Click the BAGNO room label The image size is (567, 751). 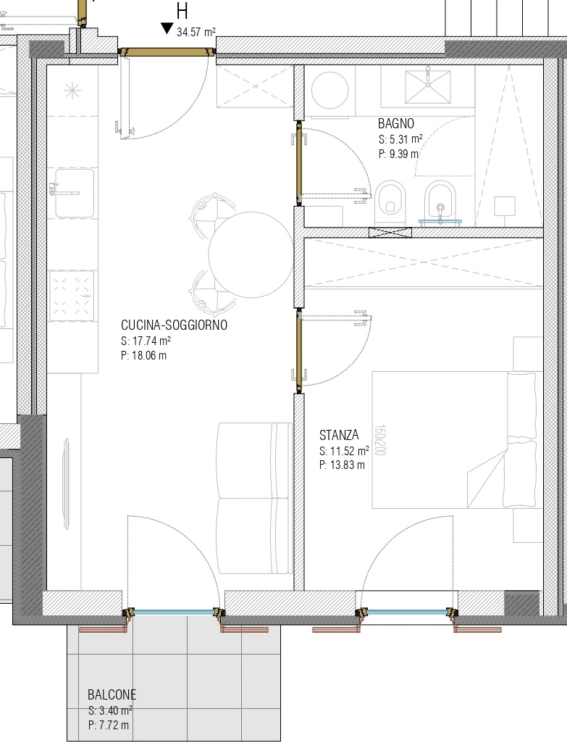tap(395, 123)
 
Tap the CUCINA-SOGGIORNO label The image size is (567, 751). tap(175, 325)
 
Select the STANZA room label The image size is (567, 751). tap(339, 435)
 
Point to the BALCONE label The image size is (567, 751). tap(112, 694)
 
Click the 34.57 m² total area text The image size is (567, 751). tap(196, 32)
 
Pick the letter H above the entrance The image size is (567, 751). tap(182, 11)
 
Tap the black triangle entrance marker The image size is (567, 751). tap(167, 28)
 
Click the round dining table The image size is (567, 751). tap(251, 255)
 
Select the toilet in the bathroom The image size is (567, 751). tap(390, 202)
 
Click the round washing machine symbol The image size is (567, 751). tap(329, 90)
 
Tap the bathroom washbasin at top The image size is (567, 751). tap(428, 87)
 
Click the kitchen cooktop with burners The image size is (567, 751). tap(72, 296)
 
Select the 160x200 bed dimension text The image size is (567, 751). tap(379, 440)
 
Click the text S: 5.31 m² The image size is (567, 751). tap(400, 139)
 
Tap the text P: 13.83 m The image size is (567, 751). tap(342, 465)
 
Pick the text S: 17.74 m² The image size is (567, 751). tap(146, 341)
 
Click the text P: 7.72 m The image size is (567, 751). tap(109, 725)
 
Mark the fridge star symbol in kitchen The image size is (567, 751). tap(72, 90)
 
